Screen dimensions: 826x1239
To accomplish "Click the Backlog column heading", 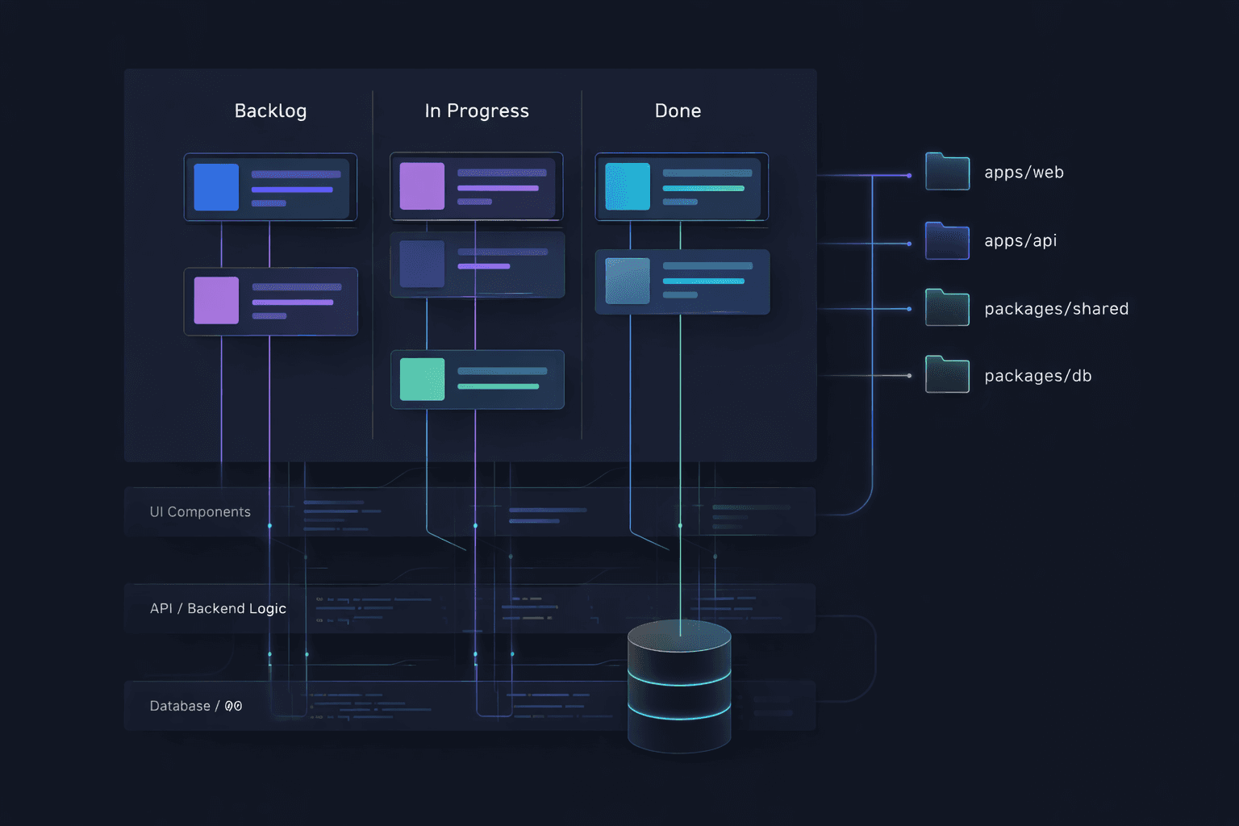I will pos(270,111).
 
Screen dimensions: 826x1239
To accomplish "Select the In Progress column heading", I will pos(477,111).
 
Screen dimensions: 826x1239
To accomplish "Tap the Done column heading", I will pos(678,111).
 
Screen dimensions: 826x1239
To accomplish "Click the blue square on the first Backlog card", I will pos(216,187).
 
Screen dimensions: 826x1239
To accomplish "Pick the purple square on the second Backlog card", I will pos(216,300).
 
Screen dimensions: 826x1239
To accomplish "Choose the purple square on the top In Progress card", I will pos(422,186).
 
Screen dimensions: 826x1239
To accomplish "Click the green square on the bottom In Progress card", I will pos(422,379).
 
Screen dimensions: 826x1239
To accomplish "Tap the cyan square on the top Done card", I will pos(628,186).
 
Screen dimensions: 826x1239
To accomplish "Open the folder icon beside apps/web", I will pos(947,172).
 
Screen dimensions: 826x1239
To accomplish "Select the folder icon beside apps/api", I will pos(947,241).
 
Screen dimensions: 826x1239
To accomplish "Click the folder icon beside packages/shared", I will pos(947,308).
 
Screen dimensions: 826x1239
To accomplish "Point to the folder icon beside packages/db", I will pos(947,375).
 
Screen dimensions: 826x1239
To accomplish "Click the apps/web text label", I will pos(1024,173).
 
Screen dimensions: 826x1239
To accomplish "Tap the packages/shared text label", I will pos(1056,309).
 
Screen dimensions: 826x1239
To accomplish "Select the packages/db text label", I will pos(1037,376).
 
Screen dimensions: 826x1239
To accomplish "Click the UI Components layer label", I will pos(200,512).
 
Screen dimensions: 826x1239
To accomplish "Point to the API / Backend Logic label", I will pos(218,608).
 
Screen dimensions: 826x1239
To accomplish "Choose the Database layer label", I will pos(195,706).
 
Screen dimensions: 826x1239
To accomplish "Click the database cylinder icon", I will pos(679,686).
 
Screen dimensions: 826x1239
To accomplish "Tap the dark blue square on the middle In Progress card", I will pos(422,264).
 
